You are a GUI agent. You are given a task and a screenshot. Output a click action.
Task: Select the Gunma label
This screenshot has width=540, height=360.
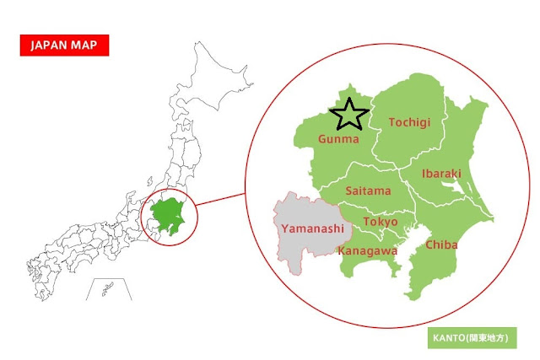338,138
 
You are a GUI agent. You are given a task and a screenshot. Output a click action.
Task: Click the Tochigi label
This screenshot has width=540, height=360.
409,123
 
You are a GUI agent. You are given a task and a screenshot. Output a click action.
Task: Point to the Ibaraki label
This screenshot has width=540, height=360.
441,174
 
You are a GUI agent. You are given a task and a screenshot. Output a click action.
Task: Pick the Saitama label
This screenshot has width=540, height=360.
368,191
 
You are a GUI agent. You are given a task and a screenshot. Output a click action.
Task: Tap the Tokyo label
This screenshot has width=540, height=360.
380,222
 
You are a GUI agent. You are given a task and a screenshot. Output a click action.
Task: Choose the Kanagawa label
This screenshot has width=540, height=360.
367,250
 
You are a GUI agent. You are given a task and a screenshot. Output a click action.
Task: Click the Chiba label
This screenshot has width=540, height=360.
441,244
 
